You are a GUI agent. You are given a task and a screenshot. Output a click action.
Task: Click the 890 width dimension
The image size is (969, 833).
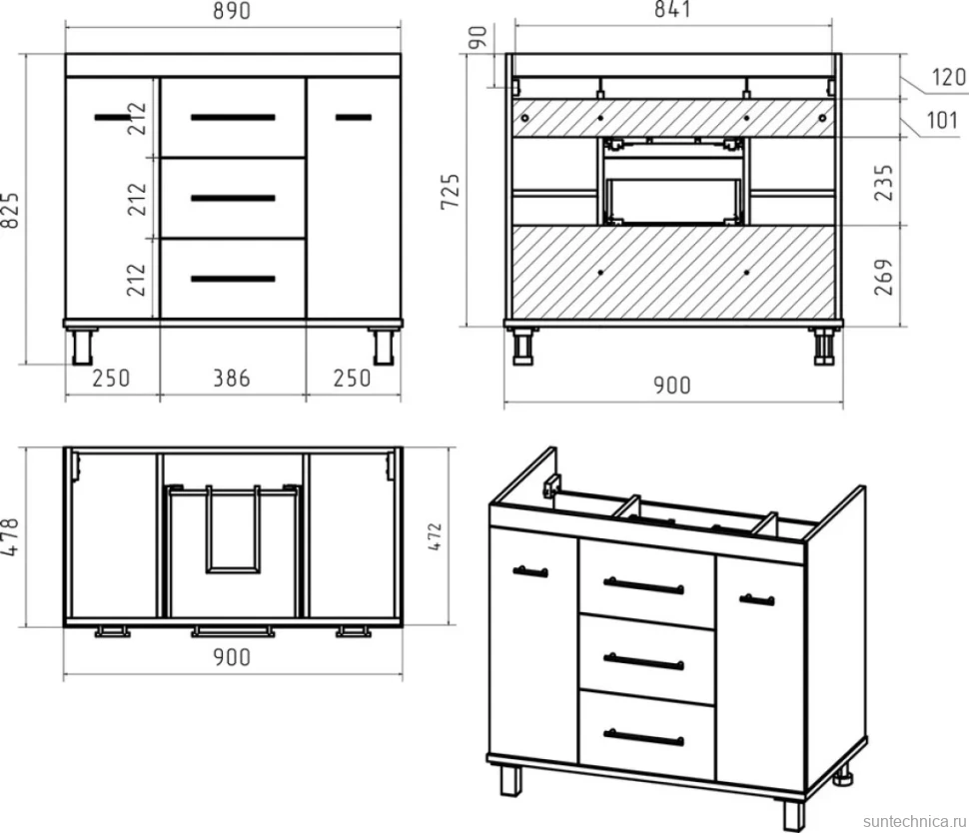tap(232, 11)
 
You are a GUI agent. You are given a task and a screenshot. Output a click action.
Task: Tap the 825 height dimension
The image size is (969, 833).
tap(11, 212)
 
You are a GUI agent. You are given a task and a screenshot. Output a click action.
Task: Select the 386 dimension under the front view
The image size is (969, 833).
tap(232, 379)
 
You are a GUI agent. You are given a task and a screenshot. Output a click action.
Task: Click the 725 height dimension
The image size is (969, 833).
tap(451, 192)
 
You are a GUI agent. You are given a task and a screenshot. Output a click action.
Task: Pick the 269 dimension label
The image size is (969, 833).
tap(884, 278)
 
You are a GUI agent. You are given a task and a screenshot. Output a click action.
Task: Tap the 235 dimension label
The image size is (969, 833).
tap(884, 183)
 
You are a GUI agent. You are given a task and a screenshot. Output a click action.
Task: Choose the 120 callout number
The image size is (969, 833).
tap(949, 77)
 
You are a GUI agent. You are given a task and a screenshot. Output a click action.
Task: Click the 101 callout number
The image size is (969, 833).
tap(942, 120)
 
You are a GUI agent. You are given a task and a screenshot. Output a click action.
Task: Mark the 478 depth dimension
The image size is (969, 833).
tap(11, 537)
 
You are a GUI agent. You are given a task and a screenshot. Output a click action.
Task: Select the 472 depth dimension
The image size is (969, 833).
tap(436, 537)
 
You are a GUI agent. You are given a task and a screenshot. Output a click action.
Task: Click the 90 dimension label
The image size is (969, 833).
tap(478, 37)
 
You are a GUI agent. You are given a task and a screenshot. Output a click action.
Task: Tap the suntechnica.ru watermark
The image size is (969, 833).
tap(914, 821)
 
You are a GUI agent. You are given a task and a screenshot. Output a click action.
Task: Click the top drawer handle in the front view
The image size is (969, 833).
tap(233, 118)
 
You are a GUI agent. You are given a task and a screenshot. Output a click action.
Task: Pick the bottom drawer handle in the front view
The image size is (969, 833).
tap(233, 279)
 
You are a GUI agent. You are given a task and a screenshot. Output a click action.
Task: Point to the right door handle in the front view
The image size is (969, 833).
tap(354, 117)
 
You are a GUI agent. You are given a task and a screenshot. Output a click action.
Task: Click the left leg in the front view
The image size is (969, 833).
tap(82, 346)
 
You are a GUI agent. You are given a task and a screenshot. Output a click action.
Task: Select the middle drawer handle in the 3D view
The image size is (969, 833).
tap(644, 661)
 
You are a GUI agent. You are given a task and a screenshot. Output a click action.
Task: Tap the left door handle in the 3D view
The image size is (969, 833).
tap(530, 571)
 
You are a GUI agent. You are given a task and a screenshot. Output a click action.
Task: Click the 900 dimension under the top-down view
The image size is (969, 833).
tap(232, 657)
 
